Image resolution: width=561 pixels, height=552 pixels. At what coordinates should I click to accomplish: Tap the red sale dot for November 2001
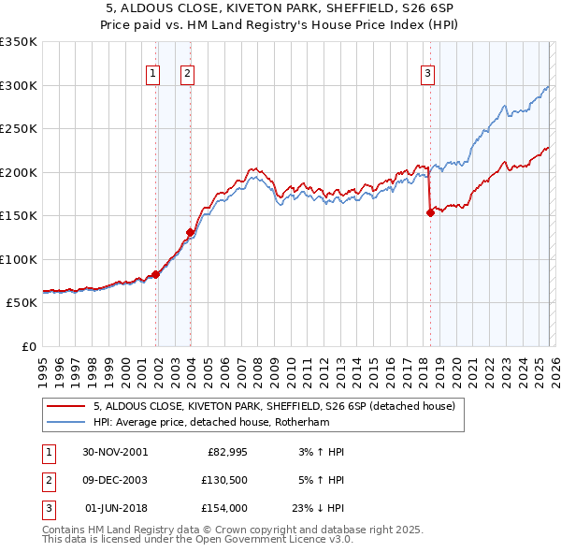[x=156, y=273]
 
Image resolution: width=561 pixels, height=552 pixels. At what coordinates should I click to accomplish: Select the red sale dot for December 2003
[x=190, y=232]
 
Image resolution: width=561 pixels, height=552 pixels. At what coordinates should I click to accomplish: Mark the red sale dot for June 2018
[x=430, y=212]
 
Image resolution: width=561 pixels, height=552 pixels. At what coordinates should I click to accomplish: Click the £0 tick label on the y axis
[x=27, y=346]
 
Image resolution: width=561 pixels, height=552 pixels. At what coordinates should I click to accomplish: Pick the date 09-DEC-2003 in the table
[x=114, y=479]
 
